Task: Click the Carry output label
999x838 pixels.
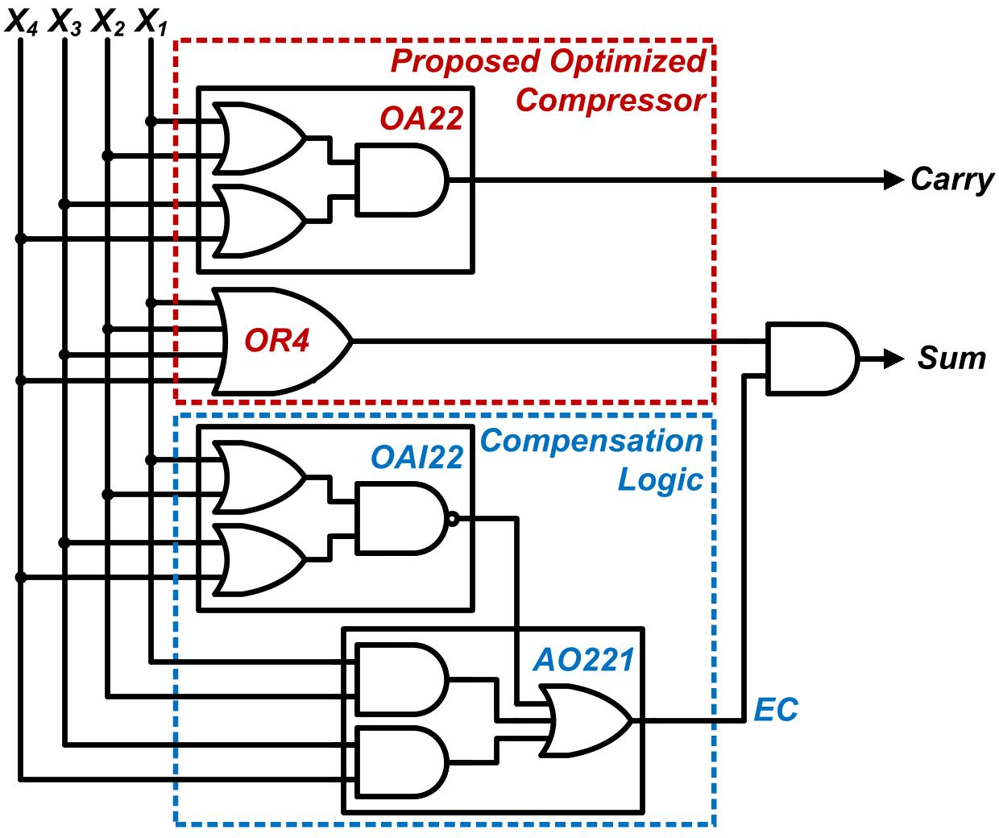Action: tap(952, 180)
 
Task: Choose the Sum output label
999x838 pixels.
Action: tap(951, 358)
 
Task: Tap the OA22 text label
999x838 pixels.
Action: tap(422, 119)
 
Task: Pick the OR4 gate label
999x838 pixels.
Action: tap(276, 341)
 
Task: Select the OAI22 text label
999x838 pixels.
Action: tap(417, 458)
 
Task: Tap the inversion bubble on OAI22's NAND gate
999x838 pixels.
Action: tap(454, 519)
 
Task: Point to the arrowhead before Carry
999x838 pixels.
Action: tap(893, 180)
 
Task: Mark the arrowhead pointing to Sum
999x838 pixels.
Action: tap(893, 358)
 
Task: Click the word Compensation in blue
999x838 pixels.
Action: tap(592, 442)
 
